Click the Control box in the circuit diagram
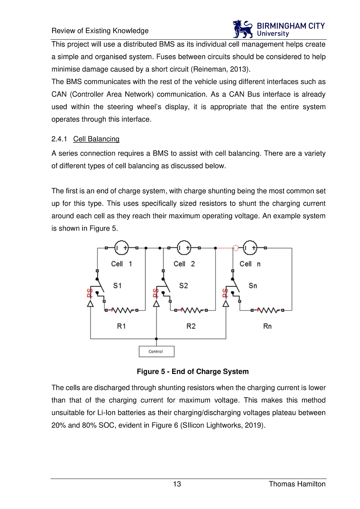click(x=156, y=351)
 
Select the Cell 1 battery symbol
click(x=121, y=248)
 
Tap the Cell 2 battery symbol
click(x=184, y=248)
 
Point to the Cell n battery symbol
click(x=250, y=248)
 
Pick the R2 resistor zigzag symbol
click(x=192, y=310)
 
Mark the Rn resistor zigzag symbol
click(x=268, y=310)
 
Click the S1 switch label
click(x=117, y=286)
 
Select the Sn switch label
click(x=253, y=286)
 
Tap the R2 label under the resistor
click(x=191, y=326)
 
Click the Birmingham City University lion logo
click(x=243, y=29)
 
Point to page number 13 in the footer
click(x=177, y=484)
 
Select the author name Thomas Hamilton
click(x=297, y=484)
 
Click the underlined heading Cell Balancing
click(x=96, y=139)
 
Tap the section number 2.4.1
click(x=59, y=139)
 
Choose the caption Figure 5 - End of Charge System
click(x=193, y=372)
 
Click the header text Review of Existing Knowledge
click(x=100, y=31)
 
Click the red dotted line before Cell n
click(x=225, y=248)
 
